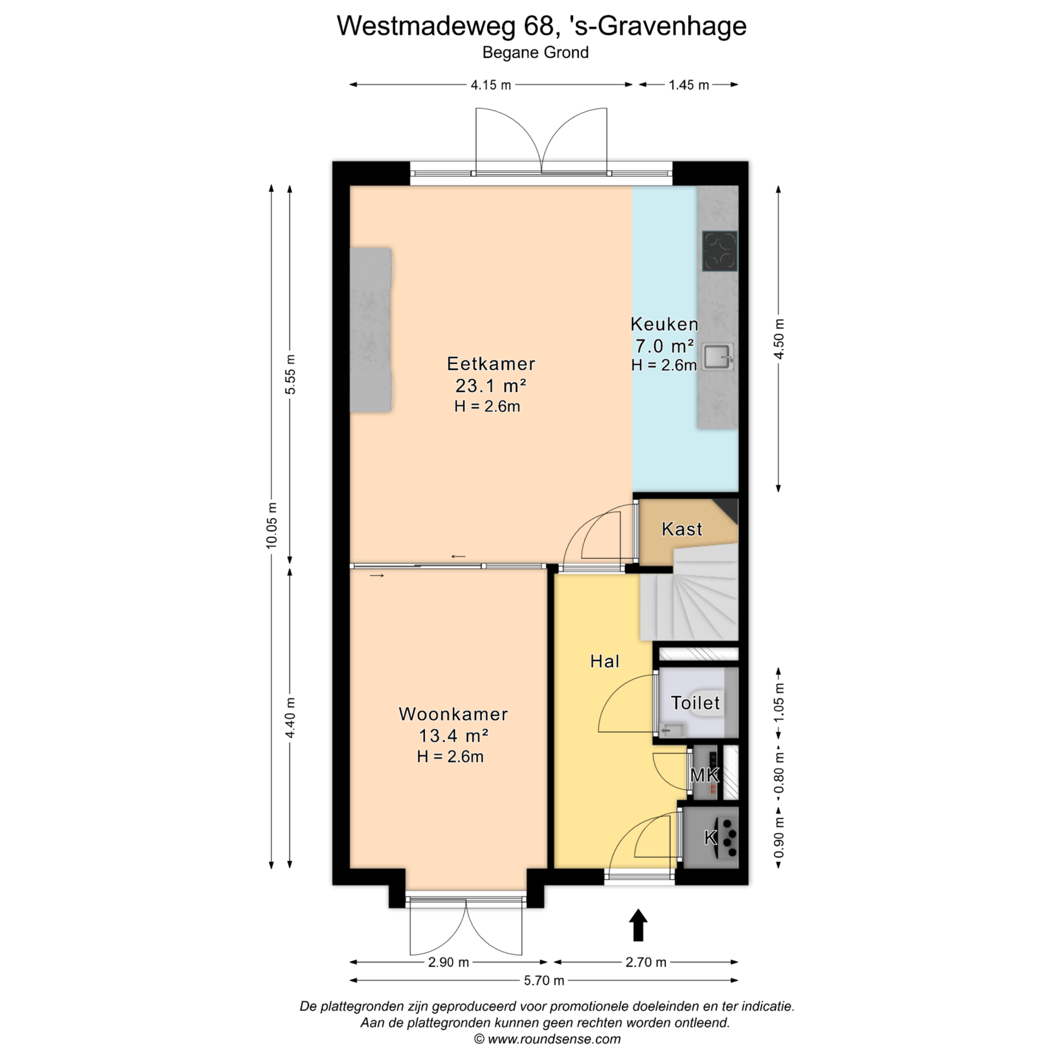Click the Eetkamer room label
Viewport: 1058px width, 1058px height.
pos(490,364)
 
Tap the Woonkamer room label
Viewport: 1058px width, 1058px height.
pos(453,714)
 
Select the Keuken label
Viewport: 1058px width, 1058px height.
pos(664,324)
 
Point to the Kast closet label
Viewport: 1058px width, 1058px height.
pos(682,529)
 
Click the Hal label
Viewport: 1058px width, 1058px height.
pos(604,661)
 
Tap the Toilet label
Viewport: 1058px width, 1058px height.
pos(695,703)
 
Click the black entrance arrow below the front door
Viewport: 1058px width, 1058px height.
pos(638,925)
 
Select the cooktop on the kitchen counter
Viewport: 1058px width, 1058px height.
pos(720,251)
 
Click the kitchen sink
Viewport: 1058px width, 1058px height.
pos(718,356)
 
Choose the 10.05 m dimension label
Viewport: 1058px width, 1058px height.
pos(271,525)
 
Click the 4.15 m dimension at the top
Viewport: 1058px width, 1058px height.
pos(490,85)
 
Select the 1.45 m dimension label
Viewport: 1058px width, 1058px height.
pos(689,85)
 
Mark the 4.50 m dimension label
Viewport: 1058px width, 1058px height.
pos(779,339)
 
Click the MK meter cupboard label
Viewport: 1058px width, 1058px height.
pos(704,775)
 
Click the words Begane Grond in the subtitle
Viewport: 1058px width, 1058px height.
pos(536,52)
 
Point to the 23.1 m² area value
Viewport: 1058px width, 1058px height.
pos(490,385)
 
